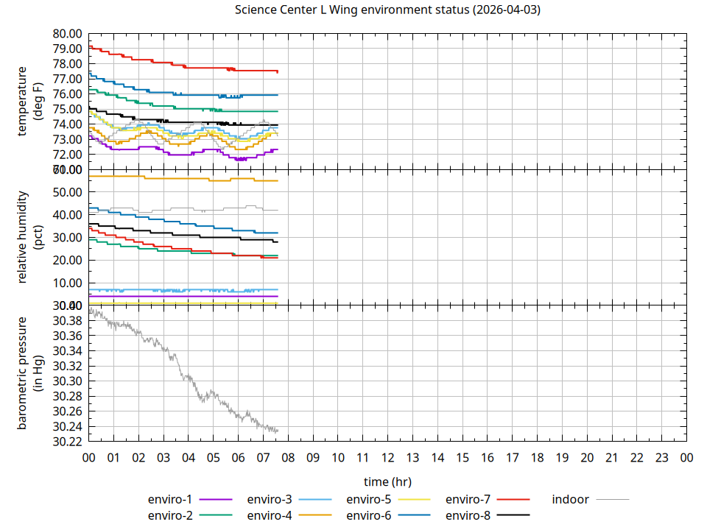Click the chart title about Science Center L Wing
[x=388, y=10]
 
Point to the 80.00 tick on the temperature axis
[x=66, y=34]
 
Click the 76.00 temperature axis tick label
[x=66, y=94]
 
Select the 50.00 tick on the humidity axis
[x=66, y=192]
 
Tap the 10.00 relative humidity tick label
[x=66, y=283]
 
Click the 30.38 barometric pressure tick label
[x=66, y=321]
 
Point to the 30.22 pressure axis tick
[x=66, y=442]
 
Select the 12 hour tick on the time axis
[x=387, y=458]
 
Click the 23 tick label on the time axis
[x=661, y=458]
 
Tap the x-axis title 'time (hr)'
[x=387, y=481]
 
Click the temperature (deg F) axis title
[x=30, y=102]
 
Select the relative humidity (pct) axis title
[x=30, y=237]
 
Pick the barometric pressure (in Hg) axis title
[x=30, y=373]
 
